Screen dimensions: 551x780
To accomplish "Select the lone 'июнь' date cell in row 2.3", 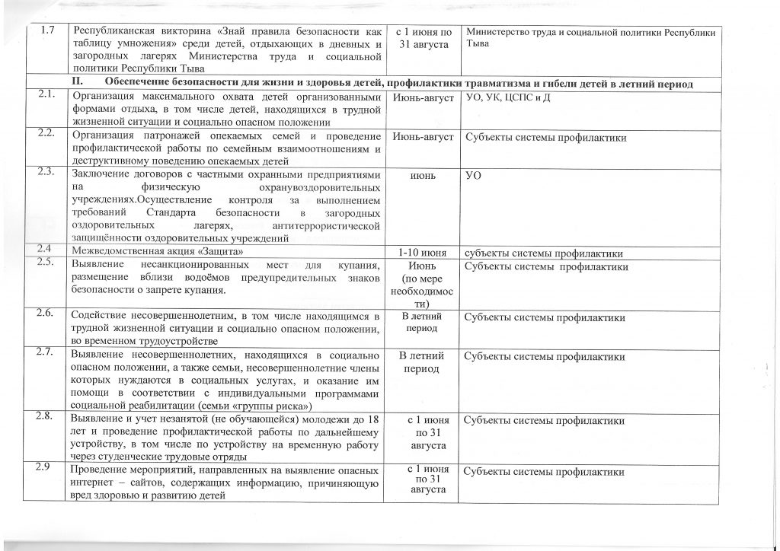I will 423,176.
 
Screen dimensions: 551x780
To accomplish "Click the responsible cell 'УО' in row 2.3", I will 473,176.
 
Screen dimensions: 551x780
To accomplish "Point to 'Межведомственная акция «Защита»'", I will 158,253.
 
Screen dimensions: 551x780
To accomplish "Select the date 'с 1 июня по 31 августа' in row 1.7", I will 424,38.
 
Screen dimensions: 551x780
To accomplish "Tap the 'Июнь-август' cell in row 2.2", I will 423,138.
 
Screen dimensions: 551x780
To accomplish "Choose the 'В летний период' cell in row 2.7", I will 423,361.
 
